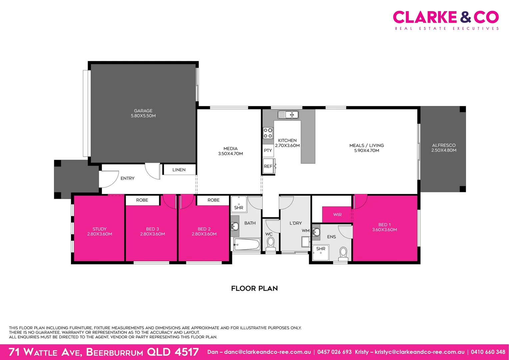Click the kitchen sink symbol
click(288, 115)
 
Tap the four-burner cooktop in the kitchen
click(268, 133)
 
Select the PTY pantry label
click(268, 151)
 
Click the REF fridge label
click(268, 166)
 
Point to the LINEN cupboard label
click(179, 170)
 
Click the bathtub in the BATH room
click(247, 245)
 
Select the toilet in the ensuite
click(343, 253)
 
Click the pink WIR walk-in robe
click(337, 215)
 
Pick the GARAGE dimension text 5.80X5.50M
click(143, 116)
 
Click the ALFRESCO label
click(444, 145)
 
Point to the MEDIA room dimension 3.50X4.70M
click(231, 154)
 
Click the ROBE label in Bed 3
click(142, 200)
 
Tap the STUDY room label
click(100, 229)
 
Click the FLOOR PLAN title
click(254, 288)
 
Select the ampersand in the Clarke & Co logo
click(466, 17)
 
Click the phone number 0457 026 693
click(334, 352)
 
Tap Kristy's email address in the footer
click(419, 352)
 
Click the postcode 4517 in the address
click(187, 352)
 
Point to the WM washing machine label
click(305, 231)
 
